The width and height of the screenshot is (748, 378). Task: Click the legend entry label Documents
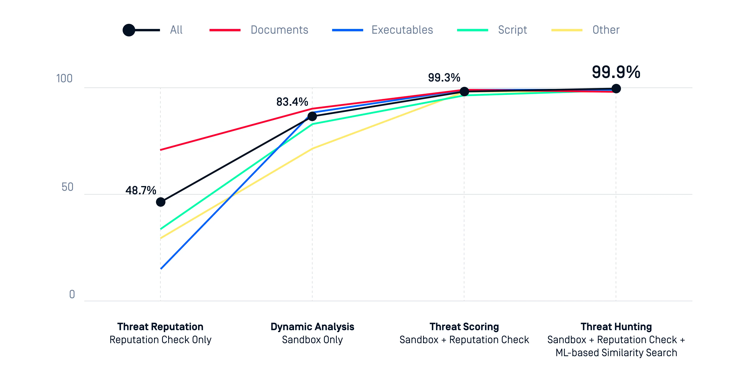279,30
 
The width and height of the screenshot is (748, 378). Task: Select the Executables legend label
402,30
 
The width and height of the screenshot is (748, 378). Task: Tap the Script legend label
512,30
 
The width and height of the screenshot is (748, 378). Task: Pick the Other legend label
606,30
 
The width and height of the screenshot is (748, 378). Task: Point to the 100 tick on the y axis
64,79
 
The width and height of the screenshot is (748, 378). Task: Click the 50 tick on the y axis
67,187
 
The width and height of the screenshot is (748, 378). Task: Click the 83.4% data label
292,102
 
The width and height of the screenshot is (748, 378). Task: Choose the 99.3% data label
444,78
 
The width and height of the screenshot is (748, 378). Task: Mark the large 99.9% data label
616,72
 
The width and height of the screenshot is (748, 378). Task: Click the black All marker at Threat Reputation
161,202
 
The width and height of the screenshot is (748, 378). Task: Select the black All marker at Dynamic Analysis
312,116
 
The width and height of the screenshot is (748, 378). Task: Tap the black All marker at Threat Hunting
616,89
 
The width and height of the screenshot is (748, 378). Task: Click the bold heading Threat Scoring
464,327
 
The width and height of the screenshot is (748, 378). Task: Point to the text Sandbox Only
312,340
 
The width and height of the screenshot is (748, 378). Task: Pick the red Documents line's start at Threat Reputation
161,150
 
